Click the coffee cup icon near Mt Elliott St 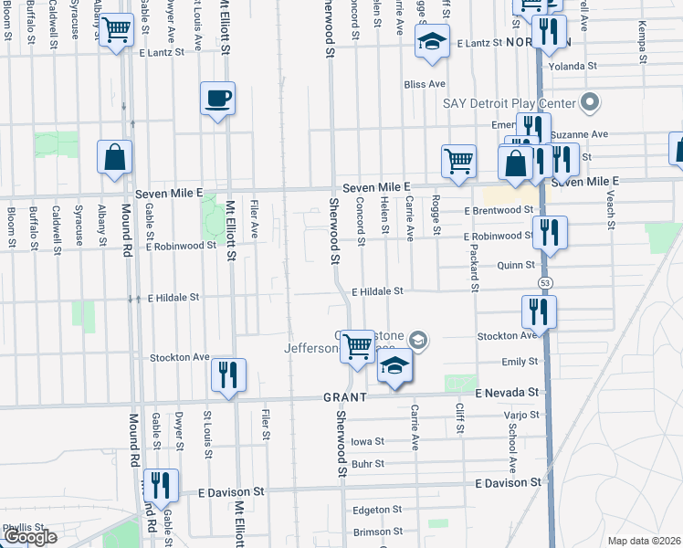click(x=217, y=97)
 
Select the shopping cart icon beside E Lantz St click(x=116, y=31)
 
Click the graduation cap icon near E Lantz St click(x=431, y=40)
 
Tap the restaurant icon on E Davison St click(x=161, y=486)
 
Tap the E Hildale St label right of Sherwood click(x=378, y=291)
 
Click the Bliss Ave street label click(x=425, y=84)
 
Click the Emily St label click(x=520, y=362)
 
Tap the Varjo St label click(x=521, y=416)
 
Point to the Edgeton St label click(x=377, y=510)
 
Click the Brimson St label click(x=377, y=532)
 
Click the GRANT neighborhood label click(x=344, y=397)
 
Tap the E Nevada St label click(x=508, y=392)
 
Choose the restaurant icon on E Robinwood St click(x=549, y=232)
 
